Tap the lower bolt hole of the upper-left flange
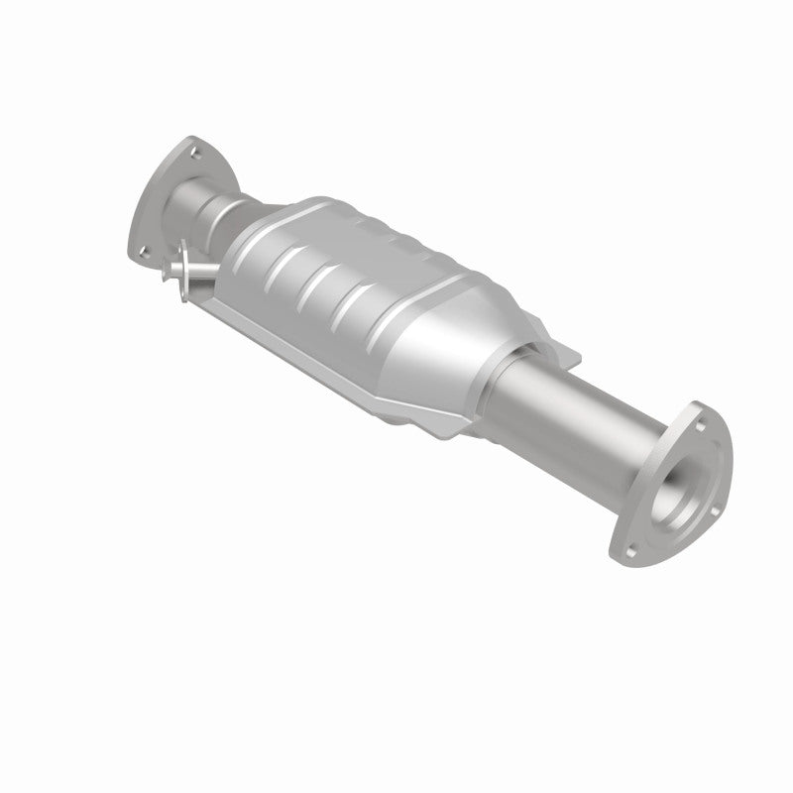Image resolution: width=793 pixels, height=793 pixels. (144, 251)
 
